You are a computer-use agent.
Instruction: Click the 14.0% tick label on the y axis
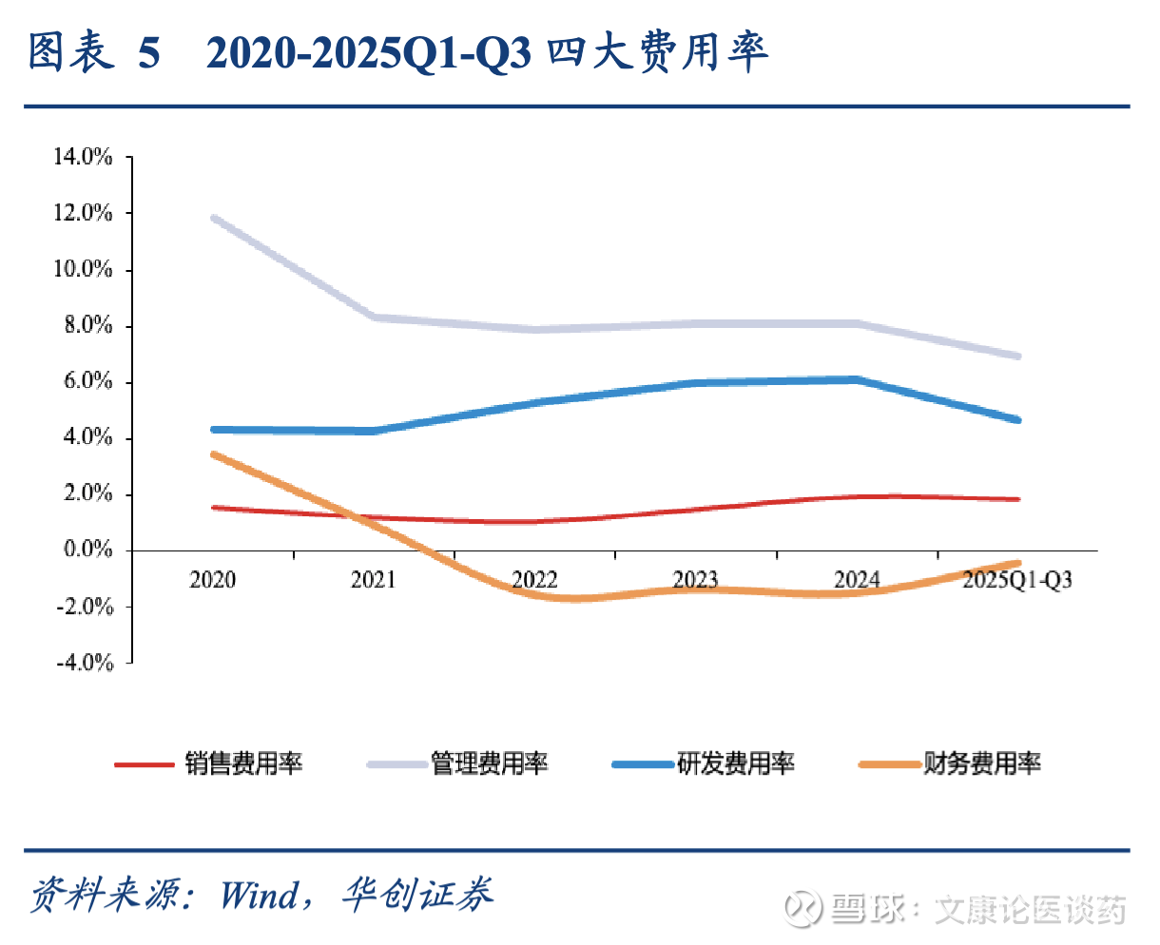[x=84, y=157]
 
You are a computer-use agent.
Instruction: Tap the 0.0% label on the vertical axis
[x=87, y=550]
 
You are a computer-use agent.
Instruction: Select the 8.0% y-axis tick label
[x=87, y=325]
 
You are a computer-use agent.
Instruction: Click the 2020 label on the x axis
[x=212, y=580]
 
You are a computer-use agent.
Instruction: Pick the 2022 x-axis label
[x=534, y=580]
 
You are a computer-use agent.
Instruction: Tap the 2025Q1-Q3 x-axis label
[x=1017, y=580]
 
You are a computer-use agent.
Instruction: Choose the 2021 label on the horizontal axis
[x=373, y=580]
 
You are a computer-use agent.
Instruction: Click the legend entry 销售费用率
[x=243, y=763]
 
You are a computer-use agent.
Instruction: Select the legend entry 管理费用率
[x=490, y=763]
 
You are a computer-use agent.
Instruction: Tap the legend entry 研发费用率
[x=736, y=763]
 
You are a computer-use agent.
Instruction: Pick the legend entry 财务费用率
[x=982, y=763]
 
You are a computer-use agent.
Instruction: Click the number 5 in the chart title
[x=149, y=53]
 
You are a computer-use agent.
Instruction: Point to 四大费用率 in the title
[x=657, y=53]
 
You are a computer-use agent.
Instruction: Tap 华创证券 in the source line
[x=417, y=895]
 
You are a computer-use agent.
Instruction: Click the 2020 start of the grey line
[x=213, y=218]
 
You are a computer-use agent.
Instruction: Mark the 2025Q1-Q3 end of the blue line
[x=1017, y=419]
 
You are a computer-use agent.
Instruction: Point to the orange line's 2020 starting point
[x=213, y=454]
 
